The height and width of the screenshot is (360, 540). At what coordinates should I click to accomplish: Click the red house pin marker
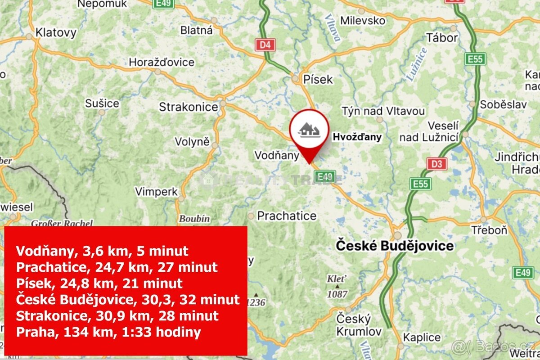pos(309,131)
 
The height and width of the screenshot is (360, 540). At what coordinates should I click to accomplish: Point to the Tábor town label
pos(442,38)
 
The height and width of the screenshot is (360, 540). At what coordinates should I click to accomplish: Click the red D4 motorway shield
pos(265,45)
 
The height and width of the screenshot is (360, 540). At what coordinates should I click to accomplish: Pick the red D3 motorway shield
pos(437,164)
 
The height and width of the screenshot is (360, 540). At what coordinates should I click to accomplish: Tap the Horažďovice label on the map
pos(162,62)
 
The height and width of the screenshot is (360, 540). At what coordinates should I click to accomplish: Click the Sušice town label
pos(102,103)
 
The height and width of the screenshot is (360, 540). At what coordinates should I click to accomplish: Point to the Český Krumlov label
pos(354,325)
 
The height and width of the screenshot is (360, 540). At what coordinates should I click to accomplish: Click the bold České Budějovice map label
pos(395,246)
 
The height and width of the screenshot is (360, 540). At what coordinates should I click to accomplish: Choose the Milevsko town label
pos(363,20)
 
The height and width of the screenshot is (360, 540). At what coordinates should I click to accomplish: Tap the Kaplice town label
pos(422,337)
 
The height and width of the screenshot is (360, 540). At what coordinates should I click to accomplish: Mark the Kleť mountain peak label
pos(333,279)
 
